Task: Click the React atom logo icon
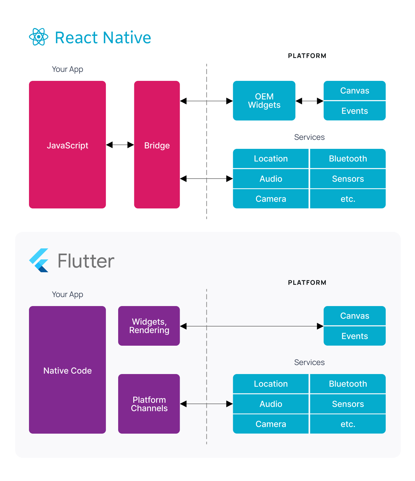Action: [39, 37]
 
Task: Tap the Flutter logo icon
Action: [39, 260]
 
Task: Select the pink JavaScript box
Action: [67, 145]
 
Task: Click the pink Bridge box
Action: [157, 145]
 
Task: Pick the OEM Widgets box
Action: [264, 101]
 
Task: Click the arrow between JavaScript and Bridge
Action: [120, 145]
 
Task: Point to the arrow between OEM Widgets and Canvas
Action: [309, 101]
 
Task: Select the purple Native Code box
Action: [67, 370]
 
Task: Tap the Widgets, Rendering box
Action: [149, 326]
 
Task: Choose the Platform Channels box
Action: [149, 404]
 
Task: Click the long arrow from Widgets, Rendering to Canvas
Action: [251, 326]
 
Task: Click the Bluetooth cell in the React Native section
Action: [348, 159]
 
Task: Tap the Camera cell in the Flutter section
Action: [270, 424]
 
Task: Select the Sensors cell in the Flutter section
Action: [348, 404]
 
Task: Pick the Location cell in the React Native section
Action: [270, 159]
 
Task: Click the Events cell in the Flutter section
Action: [354, 336]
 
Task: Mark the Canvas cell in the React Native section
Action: [354, 91]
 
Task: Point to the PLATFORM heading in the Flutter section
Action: [307, 283]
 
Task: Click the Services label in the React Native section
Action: [309, 137]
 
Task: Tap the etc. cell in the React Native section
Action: [348, 199]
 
